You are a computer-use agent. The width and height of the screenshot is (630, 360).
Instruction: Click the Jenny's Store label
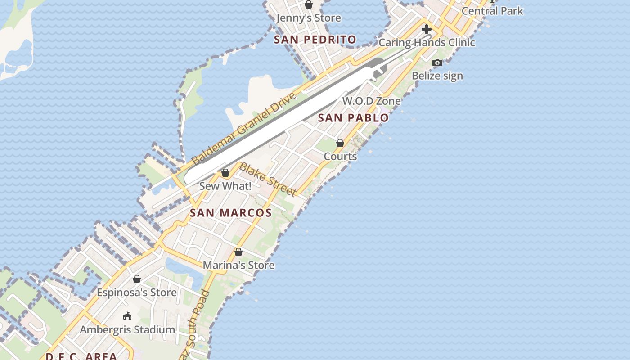(x=308, y=18)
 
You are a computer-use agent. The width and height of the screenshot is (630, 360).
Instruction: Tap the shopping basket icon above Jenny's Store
(x=309, y=5)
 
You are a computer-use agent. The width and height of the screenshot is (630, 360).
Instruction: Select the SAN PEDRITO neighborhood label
(x=315, y=40)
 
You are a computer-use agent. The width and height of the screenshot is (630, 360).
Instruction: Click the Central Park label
(x=492, y=11)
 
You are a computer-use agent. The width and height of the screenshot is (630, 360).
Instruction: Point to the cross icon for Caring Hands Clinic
(x=426, y=30)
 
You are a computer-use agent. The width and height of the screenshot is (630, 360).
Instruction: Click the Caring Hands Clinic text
(x=427, y=43)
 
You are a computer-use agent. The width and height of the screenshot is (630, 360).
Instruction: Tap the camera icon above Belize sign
(x=437, y=63)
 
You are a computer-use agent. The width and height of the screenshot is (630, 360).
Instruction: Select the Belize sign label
(x=437, y=76)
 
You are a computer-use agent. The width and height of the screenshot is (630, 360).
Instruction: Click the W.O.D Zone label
(x=371, y=101)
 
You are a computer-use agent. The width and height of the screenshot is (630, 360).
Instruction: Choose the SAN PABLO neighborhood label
(x=353, y=118)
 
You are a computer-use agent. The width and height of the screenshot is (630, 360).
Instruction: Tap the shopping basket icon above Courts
(x=340, y=143)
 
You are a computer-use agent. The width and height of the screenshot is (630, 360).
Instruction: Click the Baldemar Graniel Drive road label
(x=243, y=129)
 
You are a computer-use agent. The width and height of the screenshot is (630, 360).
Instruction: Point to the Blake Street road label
(x=268, y=180)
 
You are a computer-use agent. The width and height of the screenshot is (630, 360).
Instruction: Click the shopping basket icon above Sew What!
(x=225, y=173)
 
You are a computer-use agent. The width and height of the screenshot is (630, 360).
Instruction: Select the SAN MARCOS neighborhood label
(x=230, y=213)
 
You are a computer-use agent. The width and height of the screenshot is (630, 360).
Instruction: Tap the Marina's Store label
(x=238, y=265)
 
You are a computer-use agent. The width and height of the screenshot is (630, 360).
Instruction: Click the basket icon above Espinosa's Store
(x=137, y=279)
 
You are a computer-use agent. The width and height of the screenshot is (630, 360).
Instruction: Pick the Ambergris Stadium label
(x=127, y=329)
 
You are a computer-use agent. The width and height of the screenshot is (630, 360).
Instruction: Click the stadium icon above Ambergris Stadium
(x=127, y=316)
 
